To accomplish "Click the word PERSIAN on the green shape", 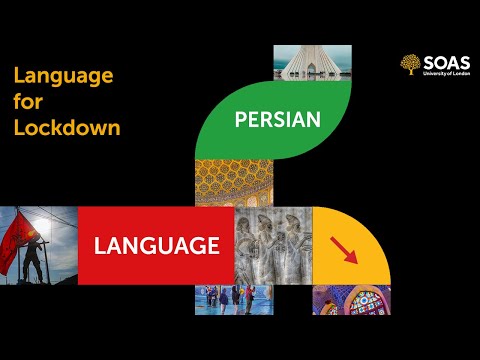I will click(277, 120).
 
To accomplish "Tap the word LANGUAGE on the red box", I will click(156, 245).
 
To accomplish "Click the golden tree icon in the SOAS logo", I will click(409, 65).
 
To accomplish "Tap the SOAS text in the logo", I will click(442, 61).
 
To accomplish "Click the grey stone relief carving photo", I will click(273, 245).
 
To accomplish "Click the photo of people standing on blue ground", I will click(234, 299).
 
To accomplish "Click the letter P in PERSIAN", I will click(240, 120).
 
